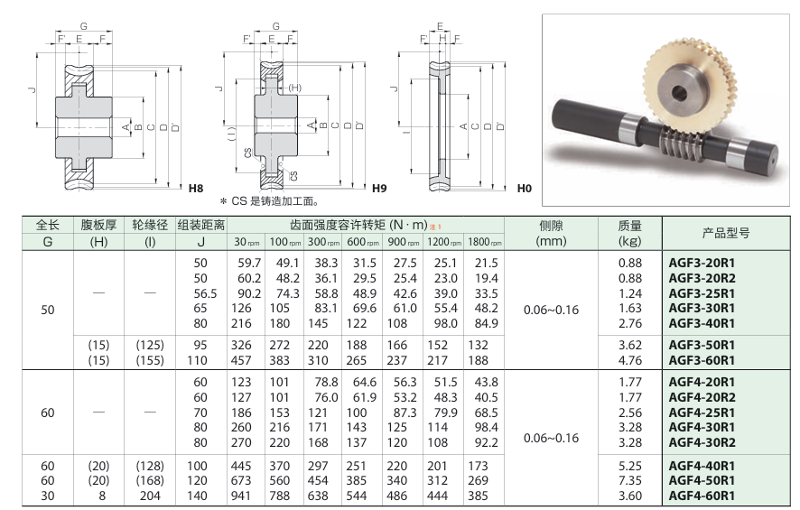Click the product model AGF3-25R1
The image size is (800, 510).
702,293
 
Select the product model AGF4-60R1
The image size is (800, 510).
702,496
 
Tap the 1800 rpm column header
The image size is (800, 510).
485,242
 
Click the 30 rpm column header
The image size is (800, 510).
247,242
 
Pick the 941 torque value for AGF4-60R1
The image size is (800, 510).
241,496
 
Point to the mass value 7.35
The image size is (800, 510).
630,480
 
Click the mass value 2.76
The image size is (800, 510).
630,323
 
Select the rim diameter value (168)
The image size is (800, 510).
150,480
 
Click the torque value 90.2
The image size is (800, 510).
249,293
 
